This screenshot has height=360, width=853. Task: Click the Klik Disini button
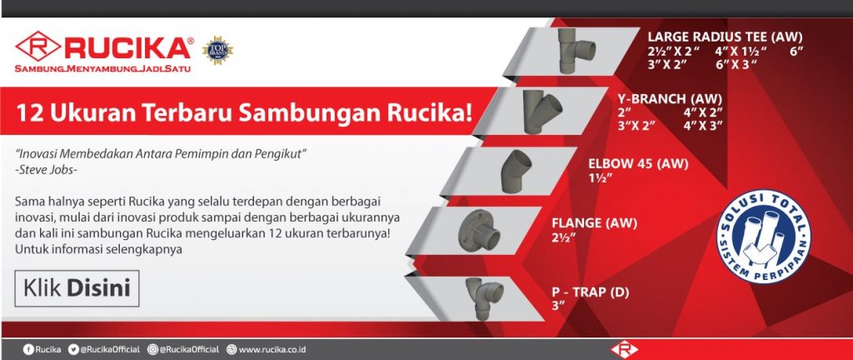(77, 288)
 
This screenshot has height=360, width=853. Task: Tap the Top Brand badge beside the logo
(217, 50)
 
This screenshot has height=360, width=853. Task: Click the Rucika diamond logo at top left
(38, 46)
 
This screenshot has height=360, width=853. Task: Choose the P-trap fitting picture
(486, 298)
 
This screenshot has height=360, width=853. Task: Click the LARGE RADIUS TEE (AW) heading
(725, 37)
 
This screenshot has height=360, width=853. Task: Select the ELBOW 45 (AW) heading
(639, 164)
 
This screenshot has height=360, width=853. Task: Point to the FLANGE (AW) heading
(594, 223)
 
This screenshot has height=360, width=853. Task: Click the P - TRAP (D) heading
(591, 292)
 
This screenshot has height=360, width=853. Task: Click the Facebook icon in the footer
(28, 350)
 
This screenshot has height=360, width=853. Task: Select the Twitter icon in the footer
(73, 350)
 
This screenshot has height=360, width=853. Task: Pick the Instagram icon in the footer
(153, 350)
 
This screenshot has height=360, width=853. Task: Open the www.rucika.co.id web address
(272, 350)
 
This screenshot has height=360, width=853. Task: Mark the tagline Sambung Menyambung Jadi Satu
(102, 69)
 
